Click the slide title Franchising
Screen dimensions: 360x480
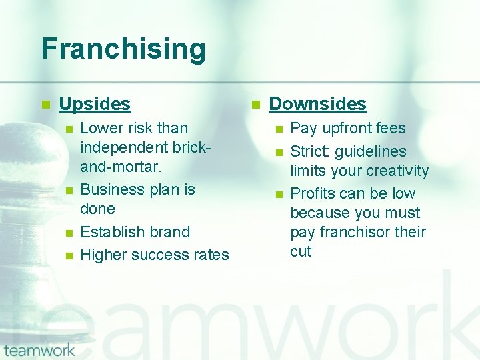(x=123, y=49)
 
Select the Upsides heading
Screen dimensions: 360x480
(x=95, y=104)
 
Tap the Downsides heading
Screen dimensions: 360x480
(x=317, y=104)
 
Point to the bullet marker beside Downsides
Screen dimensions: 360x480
(x=255, y=105)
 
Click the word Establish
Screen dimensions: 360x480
(x=110, y=232)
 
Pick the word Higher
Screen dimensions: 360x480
(x=104, y=255)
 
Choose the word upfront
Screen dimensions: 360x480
(x=347, y=128)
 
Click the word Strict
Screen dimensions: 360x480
(x=311, y=151)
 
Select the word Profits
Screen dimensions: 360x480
(x=313, y=193)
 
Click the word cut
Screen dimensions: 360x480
(x=301, y=251)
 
